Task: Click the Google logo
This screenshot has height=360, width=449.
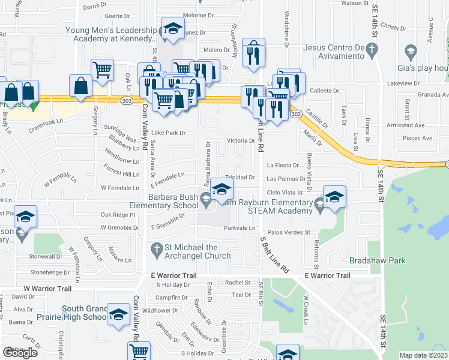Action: (x=20, y=353)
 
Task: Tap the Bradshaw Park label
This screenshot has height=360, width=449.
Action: (x=378, y=260)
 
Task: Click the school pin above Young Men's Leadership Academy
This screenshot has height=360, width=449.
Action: (x=173, y=29)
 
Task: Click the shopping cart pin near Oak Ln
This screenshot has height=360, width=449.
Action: (x=103, y=70)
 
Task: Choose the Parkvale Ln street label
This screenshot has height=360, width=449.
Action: (x=240, y=229)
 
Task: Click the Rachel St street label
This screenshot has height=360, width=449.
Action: (x=238, y=282)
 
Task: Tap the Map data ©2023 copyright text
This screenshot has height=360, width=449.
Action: (x=423, y=355)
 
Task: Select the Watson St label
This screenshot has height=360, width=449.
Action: (x=355, y=3)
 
